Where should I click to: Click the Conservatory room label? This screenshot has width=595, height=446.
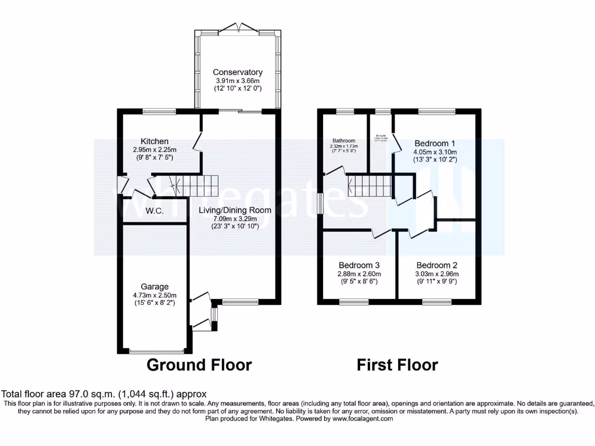pyautogui.click(x=237, y=73)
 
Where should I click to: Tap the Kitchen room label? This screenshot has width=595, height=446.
pyautogui.click(x=155, y=141)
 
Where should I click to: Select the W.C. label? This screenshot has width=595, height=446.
pyautogui.click(x=155, y=211)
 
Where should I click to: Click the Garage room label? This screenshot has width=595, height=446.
pyautogui.click(x=155, y=286)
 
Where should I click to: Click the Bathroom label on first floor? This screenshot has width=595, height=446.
pyautogui.click(x=344, y=141)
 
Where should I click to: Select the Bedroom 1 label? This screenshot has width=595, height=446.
pyautogui.click(x=435, y=143)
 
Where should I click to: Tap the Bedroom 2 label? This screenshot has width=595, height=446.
pyautogui.click(x=436, y=266)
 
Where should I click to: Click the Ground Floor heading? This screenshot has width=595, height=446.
pyautogui.click(x=199, y=365)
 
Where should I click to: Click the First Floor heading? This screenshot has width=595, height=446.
pyautogui.click(x=397, y=365)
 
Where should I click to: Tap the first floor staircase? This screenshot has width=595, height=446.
pyautogui.click(x=360, y=187)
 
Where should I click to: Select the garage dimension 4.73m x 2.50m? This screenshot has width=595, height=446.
pyautogui.click(x=155, y=294)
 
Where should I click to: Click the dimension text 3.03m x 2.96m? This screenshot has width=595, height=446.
pyautogui.click(x=436, y=274)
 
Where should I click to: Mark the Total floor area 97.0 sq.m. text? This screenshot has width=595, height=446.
pyautogui.click(x=105, y=394)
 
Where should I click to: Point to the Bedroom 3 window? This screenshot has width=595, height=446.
pyautogui.click(x=354, y=301)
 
